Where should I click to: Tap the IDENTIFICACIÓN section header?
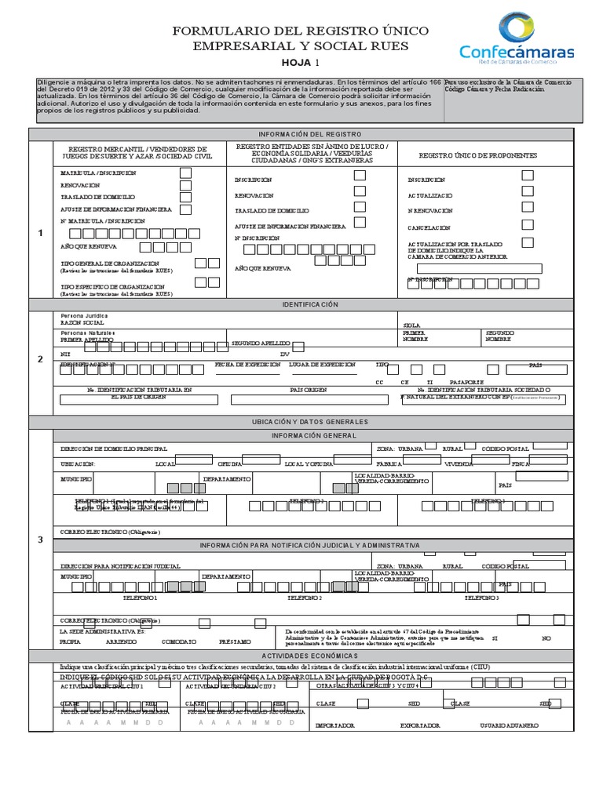[x=305, y=304]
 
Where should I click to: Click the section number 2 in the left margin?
[x=41, y=359]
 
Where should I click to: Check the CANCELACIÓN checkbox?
[x=528, y=226]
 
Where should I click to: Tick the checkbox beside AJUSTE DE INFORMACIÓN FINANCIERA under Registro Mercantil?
[x=186, y=209]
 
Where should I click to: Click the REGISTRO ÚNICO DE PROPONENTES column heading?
[x=477, y=156]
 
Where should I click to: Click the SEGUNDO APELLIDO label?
[x=256, y=343]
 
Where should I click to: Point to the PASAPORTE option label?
[x=466, y=381]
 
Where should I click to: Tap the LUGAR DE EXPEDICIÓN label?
[x=322, y=365]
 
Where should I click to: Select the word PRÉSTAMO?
[x=236, y=641]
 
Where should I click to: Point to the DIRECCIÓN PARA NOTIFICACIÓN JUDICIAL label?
[x=120, y=565]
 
